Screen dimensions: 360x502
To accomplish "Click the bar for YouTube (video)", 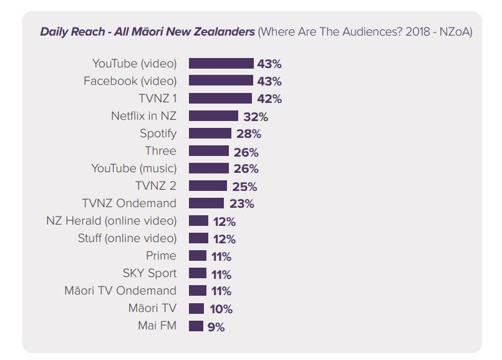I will pyautogui.click(x=221, y=64).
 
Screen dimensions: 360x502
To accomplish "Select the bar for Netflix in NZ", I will pyautogui.click(x=213, y=116).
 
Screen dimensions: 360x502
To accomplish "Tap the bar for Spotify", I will pyautogui.click(x=210, y=134).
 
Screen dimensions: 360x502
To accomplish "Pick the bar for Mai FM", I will pyautogui.click(x=196, y=326).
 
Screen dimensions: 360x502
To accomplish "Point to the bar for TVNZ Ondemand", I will pyautogui.click(x=206, y=203).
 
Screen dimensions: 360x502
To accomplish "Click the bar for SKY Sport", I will pyautogui.click(x=197, y=273).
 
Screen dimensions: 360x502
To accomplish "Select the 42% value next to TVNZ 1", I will pyautogui.click(x=269, y=99).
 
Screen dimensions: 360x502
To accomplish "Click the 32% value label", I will pyautogui.click(x=256, y=117).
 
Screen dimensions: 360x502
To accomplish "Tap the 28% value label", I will pyautogui.click(x=248, y=134).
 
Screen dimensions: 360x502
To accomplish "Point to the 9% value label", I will pyautogui.click(x=216, y=326).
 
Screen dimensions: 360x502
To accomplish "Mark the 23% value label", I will pyautogui.click(x=241, y=204).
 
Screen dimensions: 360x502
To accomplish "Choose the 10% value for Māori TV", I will pyautogui.click(x=220, y=309).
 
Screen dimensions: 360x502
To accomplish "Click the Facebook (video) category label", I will pyautogui.click(x=130, y=81).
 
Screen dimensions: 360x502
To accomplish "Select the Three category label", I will pyautogui.click(x=161, y=151).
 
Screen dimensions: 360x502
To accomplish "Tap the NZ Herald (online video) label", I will pyautogui.click(x=112, y=221).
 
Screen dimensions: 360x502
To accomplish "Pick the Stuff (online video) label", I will pyautogui.click(x=127, y=238).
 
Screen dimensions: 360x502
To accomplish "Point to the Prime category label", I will pyautogui.click(x=162, y=256).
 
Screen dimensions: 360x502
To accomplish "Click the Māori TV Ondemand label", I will pyautogui.click(x=120, y=291).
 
